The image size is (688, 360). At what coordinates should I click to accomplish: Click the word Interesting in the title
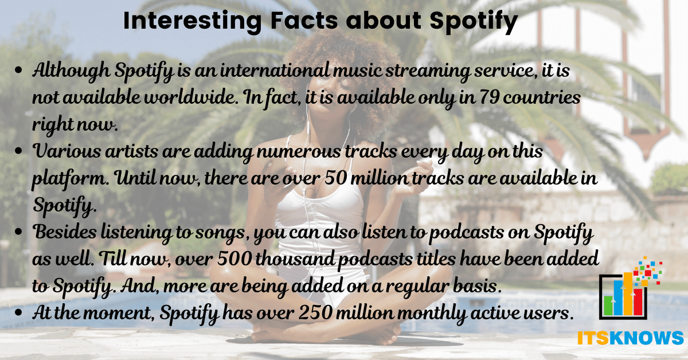pos(193,21)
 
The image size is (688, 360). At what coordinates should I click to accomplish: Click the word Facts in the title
pos(304,21)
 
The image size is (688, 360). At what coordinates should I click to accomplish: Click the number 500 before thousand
pos(234,259)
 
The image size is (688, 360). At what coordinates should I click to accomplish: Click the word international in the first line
pos(275,71)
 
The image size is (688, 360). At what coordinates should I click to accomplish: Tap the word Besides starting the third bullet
pos(64,232)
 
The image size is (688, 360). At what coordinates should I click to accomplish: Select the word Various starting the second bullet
pos(67,151)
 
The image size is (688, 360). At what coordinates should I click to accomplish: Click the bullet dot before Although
pos(18,70)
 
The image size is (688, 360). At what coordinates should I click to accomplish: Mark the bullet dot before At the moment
pos(18,312)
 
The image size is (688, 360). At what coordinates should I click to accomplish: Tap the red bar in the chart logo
pos(638,302)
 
